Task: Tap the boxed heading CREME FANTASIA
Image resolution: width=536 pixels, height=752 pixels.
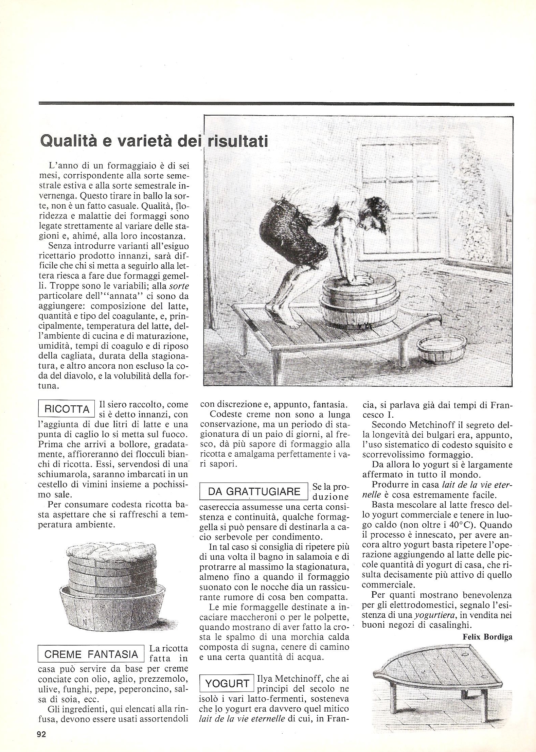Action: pyautogui.click(x=91, y=654)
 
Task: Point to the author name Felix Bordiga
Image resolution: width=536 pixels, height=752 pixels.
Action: pyautogui.click(x=487, y=637)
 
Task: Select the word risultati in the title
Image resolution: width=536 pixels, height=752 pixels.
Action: pyautogui.click(x=238, y=141)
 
